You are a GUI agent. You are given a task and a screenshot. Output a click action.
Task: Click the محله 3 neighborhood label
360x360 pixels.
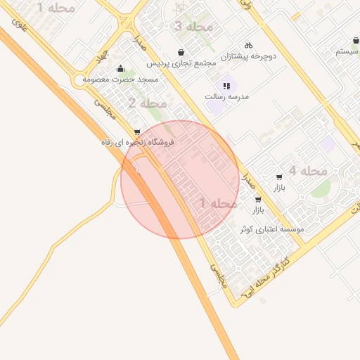click(192, 27)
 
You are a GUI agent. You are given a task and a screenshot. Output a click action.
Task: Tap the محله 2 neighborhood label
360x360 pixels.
click(147, 103)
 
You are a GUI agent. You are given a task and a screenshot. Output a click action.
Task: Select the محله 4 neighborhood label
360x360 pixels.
click(307, 171)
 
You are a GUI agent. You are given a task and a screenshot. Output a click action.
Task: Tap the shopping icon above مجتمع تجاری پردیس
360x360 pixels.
click(182, 52)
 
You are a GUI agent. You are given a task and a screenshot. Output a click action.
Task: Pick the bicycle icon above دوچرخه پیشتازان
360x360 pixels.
click(248, 44)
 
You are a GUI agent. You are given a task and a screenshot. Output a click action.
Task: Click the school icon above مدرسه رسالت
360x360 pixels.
click(226, 86)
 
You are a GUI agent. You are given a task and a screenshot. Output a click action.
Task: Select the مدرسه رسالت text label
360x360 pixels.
click(227, 96)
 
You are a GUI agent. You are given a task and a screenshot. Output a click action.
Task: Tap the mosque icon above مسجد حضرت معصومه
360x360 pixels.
click(121, 69)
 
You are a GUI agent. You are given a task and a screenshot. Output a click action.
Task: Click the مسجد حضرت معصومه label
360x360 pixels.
click(121, 79)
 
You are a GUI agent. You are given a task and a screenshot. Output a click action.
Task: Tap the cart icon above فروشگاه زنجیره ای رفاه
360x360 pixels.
click(136, 131)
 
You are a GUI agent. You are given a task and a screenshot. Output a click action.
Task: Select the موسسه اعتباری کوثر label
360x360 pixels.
click(271, 230)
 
